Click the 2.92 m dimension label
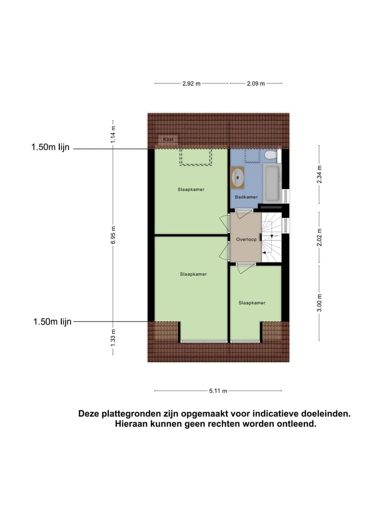[192, 83]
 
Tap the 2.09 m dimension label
[255, 83]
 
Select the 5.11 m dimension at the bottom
[218, 391]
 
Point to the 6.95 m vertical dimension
[113, 235]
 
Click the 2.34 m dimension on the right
[319, 174]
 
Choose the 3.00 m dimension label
[319, 303]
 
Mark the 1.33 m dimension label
[113, 338]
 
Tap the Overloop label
[246, 240]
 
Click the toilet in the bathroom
[270, 155]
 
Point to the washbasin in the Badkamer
[238, 177]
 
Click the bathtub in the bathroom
[272, 182]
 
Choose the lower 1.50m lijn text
[52, 321]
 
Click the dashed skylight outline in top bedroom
[196, 157]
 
